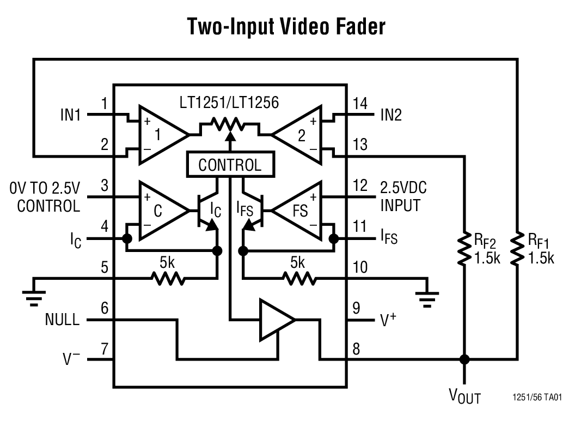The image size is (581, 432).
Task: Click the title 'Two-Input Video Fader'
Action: (286, 27)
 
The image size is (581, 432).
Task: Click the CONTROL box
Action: (230, 165)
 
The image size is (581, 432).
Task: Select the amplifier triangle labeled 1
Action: (160, 134)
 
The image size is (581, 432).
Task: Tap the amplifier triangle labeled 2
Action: (298, 134)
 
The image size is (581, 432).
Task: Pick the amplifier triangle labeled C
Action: (161, 210)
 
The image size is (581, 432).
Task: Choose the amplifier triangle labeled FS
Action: (297, 210)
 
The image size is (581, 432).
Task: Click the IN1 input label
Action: (70, 115)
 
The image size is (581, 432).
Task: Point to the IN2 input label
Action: (390, 115)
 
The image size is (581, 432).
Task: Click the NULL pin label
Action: (62, 320)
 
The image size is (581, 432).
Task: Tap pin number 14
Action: (360, 104)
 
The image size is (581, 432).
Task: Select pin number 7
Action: (105, 349)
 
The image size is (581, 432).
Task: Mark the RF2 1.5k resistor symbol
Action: (464, 249)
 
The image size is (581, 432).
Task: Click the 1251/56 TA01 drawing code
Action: (537, 397)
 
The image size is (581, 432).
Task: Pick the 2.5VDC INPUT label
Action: (403, 196)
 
